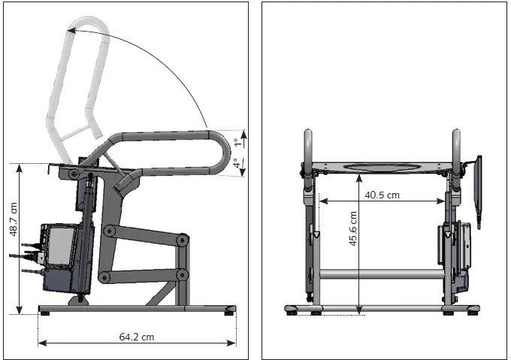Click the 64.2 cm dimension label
click(136, 337)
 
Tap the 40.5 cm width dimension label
click(382, 195)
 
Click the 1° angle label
click(235, 141)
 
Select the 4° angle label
click(235, 162)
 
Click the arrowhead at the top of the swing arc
click(69, 30)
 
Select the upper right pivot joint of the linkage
click(183, 240)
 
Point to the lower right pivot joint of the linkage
click(182, 275)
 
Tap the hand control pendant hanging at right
click(477, 184)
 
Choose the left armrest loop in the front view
click(308, 147)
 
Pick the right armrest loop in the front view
click(455, 147)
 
